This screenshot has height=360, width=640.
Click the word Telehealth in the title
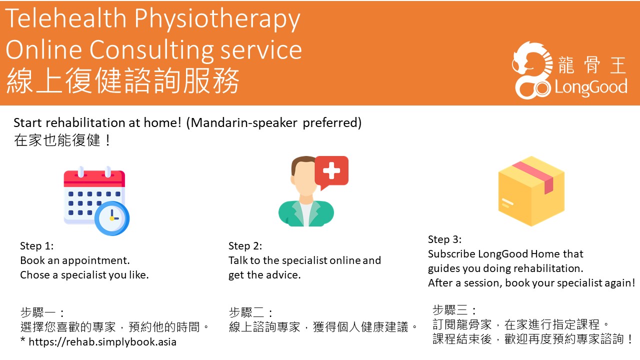[66, 19]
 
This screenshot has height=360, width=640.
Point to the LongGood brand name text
[590, 87]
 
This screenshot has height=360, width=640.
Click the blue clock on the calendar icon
[112, 218]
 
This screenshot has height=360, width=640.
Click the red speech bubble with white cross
[331, 171]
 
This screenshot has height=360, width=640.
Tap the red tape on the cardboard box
[535, 175]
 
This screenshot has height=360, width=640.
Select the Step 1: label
[36, 246]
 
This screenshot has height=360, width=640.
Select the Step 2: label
[245, 246]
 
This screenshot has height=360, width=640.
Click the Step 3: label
[444, 239]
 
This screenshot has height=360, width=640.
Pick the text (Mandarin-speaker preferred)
[273, 122]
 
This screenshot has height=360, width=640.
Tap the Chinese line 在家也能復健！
[63, 140]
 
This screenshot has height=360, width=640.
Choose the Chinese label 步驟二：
[251, 313]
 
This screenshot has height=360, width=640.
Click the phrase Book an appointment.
[74, 260]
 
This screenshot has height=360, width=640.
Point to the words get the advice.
[264, 275]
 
